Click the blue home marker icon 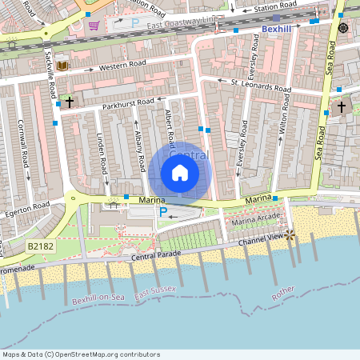[x=180, y=172]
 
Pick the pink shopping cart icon [x=94, y=25]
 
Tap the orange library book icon [x=63, y=65]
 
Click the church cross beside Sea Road [x=342, y=106]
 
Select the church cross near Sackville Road [x=70, y=102]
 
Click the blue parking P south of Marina [x=162, y=212]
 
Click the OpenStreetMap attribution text [x=82, y=354]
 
